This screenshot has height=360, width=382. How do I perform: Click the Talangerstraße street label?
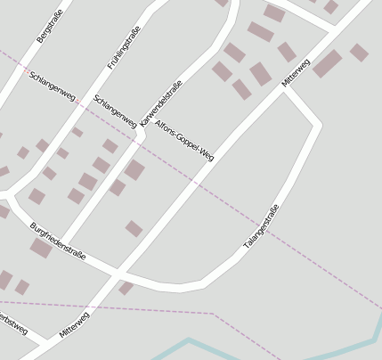[x=261, y=226]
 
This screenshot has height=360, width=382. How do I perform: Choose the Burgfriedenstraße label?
[x=58, y=241]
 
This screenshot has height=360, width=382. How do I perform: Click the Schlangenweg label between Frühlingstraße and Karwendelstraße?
[x=115, y=111]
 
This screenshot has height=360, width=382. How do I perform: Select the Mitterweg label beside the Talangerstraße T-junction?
[x=296, y=72]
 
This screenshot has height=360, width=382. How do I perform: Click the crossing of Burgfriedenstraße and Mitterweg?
[x=122, y=271]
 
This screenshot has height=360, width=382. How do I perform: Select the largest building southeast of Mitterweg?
[x=327, y=63]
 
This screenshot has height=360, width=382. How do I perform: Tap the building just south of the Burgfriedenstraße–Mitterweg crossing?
[x=126, y=287]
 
